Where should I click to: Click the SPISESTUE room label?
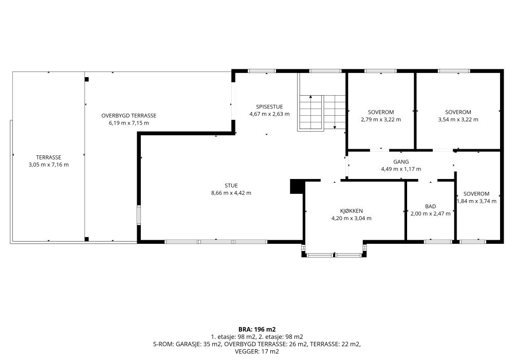click(x=269, y=106)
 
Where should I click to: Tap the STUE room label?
click(x=231, y=186)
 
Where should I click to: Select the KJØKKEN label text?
click(x=352, y=211)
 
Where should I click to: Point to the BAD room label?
click(x=430, y=206)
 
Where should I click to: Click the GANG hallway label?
click(x=401, y=161)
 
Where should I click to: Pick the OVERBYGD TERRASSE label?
click(x=129, y=115)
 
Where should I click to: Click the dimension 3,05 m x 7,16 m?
click(x=48, y=165)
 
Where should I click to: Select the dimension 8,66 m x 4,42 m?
click(x=231, y=193)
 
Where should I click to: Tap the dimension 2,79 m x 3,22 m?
click(x=381, y=119)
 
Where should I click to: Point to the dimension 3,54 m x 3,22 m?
click(x=458, y=119)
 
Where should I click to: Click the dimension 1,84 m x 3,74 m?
click(x=476, y=201)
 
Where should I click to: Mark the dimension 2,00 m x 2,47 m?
click(x=430, y=213)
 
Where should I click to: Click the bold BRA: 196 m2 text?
click(x=257, y=329)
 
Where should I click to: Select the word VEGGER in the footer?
click(x=247, y=351)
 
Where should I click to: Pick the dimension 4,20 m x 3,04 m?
click(x=352, y=218)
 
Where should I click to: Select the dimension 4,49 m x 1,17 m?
click(x=401, y=169)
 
